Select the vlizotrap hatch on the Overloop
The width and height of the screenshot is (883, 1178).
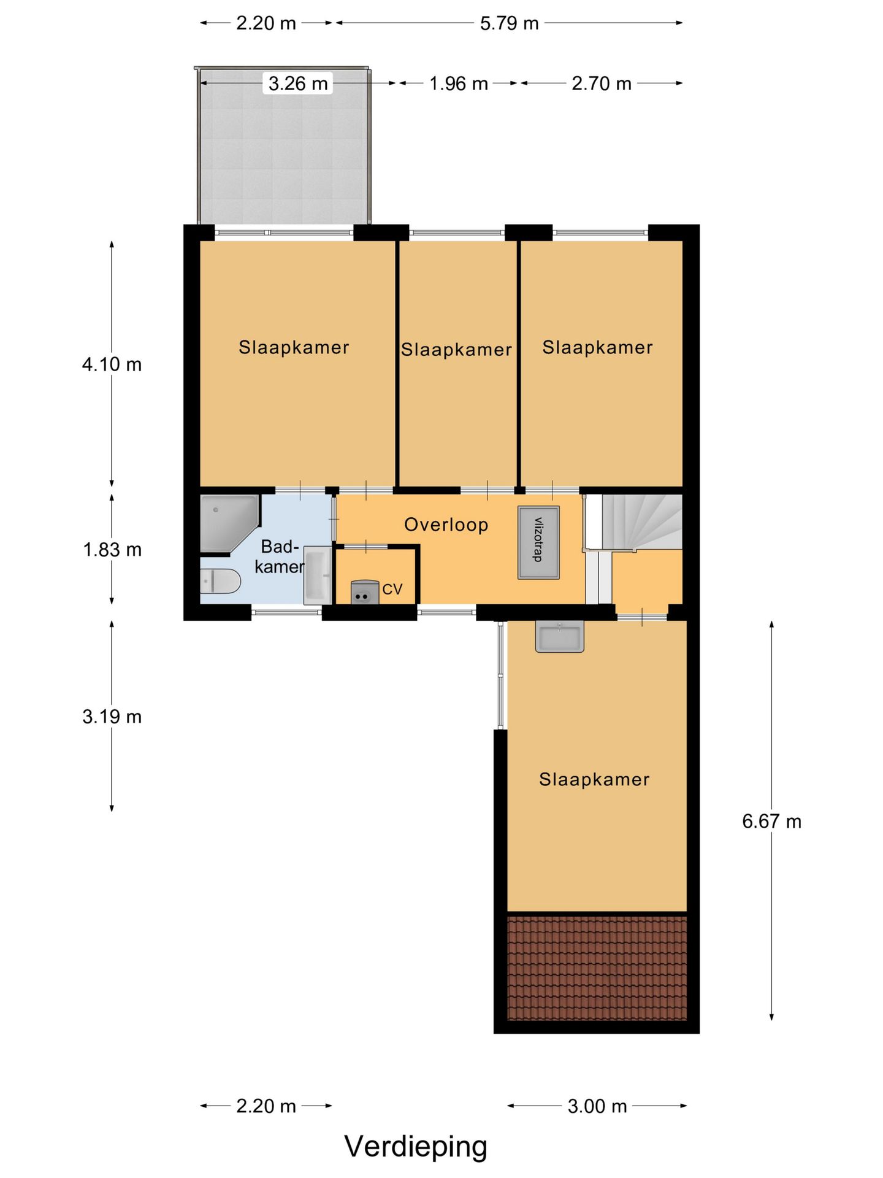pos(538,542)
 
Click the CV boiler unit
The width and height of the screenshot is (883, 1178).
pos(364,593)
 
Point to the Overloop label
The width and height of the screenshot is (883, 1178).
pos(446,525)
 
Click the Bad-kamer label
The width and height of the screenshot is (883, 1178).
pos(279,556)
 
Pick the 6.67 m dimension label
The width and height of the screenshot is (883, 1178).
pos(771,822)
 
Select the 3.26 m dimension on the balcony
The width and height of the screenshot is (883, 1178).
pos(298,83)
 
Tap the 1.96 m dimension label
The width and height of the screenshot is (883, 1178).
pos(459,83)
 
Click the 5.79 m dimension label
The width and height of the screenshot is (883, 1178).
pos(509,23)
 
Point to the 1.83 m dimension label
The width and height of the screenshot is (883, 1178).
pos(112,550)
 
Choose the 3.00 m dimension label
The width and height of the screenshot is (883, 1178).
pos(597,1106)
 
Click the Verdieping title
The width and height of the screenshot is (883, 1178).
pos(416,1147)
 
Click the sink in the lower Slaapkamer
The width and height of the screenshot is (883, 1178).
pos(559,636)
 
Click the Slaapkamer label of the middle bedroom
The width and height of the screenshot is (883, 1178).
pos(456,350)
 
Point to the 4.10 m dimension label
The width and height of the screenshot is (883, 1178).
pos(112,364)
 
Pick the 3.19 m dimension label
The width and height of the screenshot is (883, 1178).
pos(112,717)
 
